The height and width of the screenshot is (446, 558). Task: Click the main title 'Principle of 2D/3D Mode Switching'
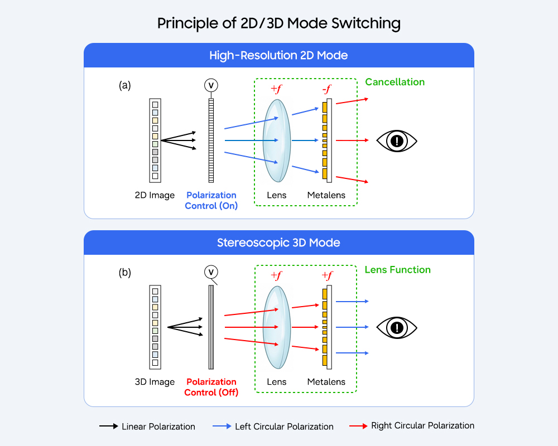point(278,23)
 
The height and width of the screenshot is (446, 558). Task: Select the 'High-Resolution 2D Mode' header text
point(278,55)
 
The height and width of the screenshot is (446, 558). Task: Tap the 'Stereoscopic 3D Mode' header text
point(278,243)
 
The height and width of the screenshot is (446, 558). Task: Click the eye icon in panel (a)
point(397,141)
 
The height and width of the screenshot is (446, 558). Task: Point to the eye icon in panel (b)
point(397,327)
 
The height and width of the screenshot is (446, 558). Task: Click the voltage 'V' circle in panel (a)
point(211,85)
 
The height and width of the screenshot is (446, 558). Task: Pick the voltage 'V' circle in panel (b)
point(211,272)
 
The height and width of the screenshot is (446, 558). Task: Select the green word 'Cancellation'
point(395,82)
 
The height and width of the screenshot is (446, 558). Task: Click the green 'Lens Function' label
point(397,269)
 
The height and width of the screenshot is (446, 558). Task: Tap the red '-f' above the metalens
point(326,89)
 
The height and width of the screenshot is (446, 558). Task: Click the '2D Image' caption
point(155,195)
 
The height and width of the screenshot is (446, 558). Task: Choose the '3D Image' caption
point(155,382)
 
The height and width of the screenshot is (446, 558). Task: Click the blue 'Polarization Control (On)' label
point(211,200)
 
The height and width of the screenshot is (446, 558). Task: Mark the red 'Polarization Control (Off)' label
point(211,387)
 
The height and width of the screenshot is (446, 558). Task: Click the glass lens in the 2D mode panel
point(277,140)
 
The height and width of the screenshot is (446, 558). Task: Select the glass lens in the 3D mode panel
point(277,327)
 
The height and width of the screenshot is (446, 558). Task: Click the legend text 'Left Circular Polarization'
point(284,426)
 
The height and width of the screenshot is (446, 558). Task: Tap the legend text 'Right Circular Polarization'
point(422,425)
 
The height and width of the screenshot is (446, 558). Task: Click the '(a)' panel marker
point(125,85)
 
